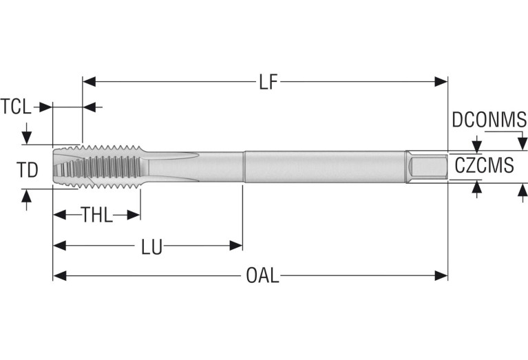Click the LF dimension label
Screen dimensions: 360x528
[268, 83]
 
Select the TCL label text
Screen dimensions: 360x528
[16, 107]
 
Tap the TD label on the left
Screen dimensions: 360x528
[27, 169]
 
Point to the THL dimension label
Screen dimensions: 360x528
[97, 215]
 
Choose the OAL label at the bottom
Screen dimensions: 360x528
[263, 276]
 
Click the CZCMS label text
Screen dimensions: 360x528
[484, 165]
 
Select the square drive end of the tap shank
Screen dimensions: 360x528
[426, 167]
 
